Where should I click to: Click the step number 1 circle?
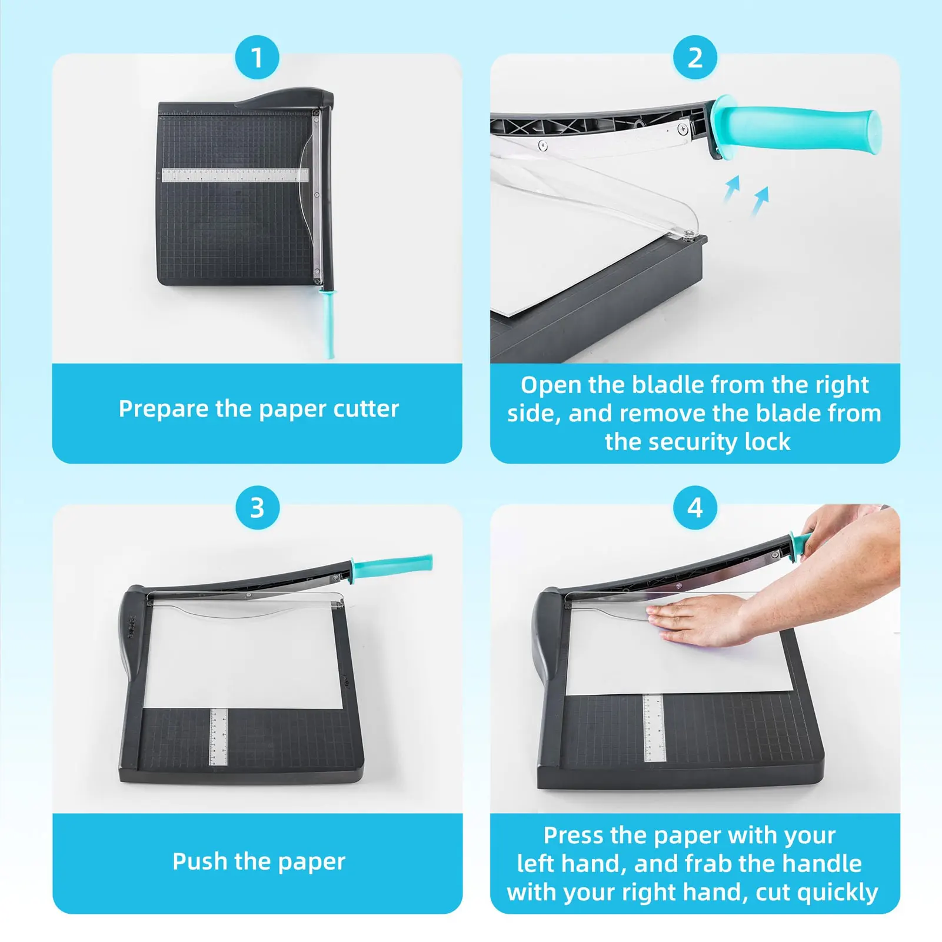(x=257, y=57)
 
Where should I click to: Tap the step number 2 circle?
(x=695, y=57)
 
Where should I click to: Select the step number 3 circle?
(x=257, y=507)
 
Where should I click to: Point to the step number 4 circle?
(x=695, y=507)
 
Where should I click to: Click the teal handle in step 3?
(x=392, y=567)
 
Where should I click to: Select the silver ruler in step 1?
(x=235, y=175)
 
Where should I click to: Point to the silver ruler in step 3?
(x=218, y=737)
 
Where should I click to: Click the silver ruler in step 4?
(x=654, y=728)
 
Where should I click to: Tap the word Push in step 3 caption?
(x=199, y=861)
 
